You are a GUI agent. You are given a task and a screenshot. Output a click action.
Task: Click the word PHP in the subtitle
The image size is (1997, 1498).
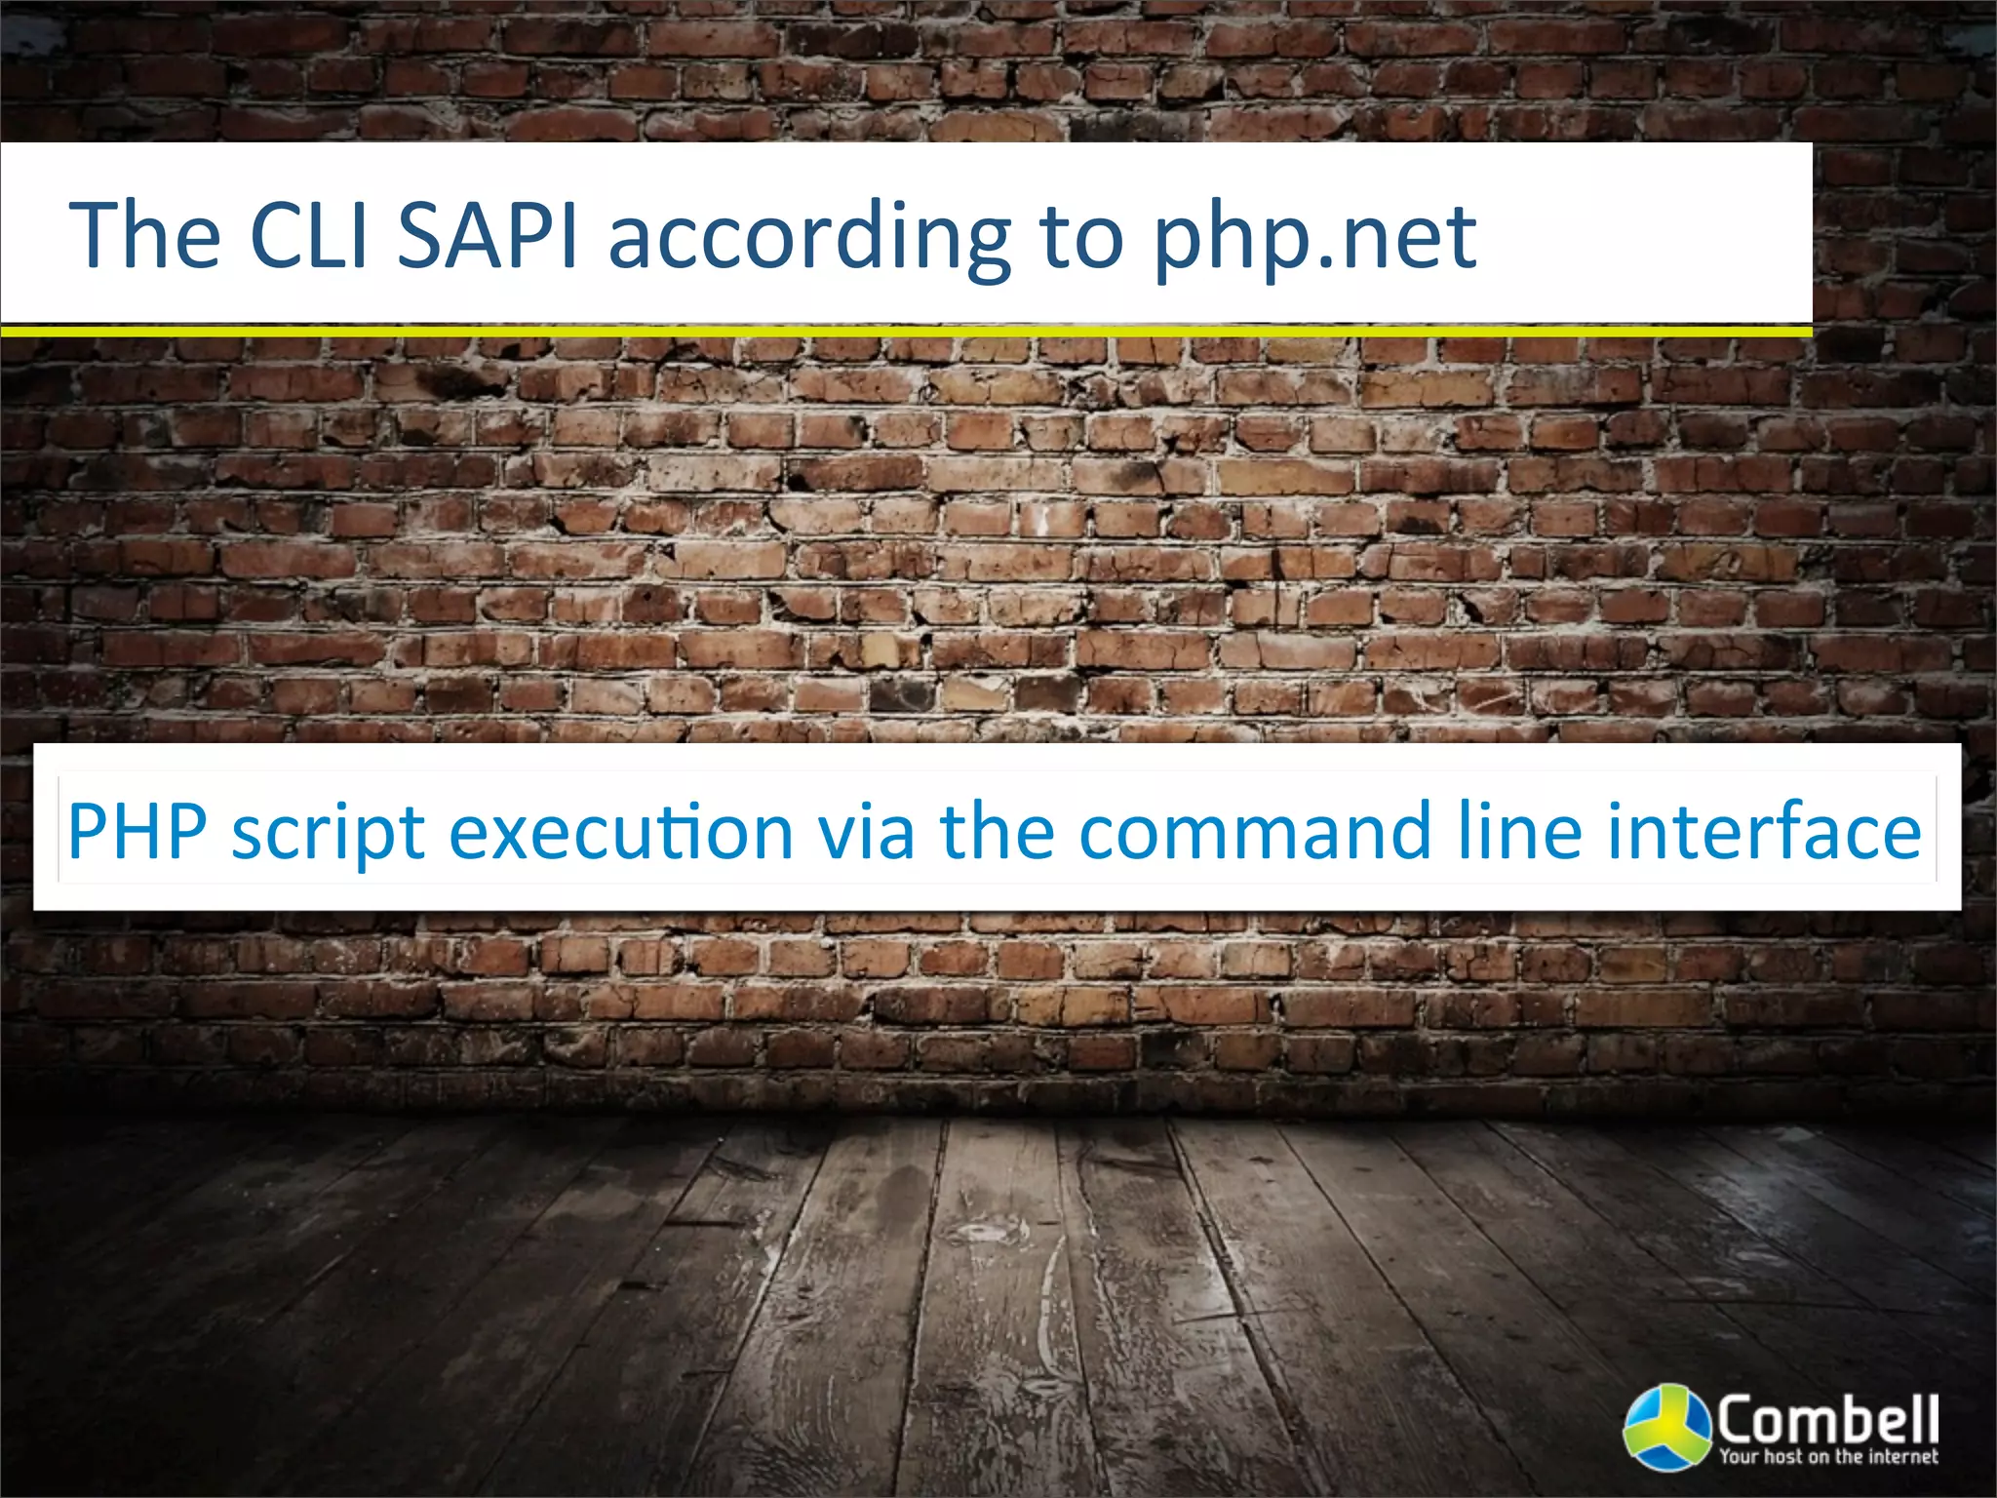pos(137,831)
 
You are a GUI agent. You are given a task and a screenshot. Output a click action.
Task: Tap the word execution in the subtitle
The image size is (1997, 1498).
pos(621,831)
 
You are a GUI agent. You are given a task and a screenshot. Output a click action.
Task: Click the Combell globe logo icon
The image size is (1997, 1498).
pos(1666,1425)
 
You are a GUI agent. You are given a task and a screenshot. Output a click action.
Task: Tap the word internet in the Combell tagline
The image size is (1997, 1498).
pos(1902,1457)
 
